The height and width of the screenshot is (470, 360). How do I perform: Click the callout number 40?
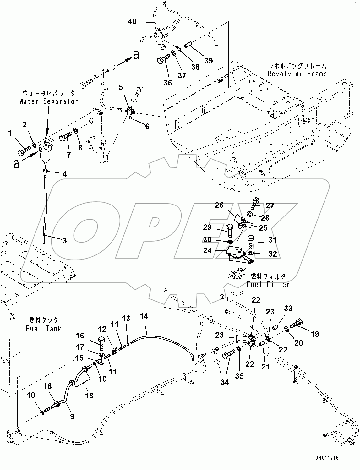132,22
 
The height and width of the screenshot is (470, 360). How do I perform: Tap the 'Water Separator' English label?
48,101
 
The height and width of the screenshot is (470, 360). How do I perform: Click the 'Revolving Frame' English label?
297,74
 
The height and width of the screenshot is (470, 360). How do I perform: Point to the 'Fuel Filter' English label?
268,284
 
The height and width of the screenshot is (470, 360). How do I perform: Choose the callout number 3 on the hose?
64,241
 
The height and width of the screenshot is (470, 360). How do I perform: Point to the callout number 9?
72,417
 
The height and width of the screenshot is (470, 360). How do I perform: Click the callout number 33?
288,309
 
